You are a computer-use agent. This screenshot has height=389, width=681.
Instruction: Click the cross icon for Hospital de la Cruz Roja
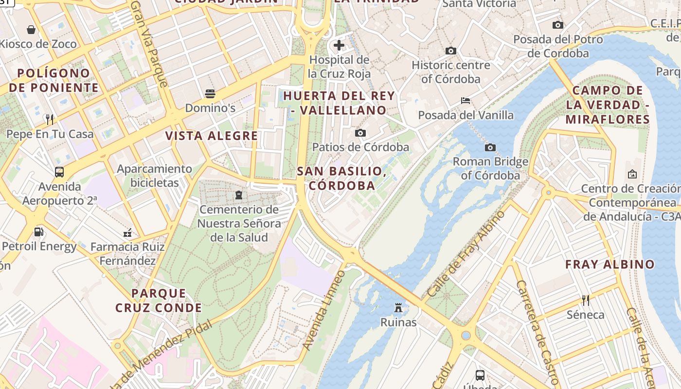click(x=339, y=46)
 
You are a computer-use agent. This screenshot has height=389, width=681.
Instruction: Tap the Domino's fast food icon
click(x=210, y=93)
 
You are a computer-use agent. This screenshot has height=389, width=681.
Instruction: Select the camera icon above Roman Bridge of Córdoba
click(x=490, y=147)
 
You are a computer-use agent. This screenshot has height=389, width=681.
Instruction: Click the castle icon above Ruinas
click(x=398, y=308)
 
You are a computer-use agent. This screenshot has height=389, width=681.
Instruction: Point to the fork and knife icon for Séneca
click(x=586, y=300)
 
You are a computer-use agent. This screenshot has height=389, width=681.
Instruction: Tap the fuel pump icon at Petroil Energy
click(x=38, y=232)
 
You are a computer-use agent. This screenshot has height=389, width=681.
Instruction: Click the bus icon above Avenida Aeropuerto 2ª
click(x=59, y=172)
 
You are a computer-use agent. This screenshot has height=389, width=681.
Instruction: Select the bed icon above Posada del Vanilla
click(x=466, y=101)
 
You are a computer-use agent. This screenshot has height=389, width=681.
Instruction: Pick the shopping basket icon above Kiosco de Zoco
click(x=31, y=30)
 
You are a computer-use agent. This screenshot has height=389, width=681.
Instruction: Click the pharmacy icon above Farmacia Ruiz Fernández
click(x=127, y=232)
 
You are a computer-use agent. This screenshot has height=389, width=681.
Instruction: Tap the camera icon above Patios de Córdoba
click(x=360, y=133)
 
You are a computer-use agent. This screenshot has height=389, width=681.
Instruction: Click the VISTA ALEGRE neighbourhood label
click(x=212, y=136)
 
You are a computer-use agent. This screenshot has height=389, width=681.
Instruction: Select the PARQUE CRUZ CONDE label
click(x=159, y=301)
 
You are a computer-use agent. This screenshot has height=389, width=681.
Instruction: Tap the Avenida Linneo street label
click(x=323, y=310)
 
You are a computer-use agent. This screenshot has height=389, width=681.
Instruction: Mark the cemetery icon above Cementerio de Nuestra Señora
click(x=239, y=195)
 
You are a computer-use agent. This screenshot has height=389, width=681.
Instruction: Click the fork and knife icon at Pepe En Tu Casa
click(x=49, y=119)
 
